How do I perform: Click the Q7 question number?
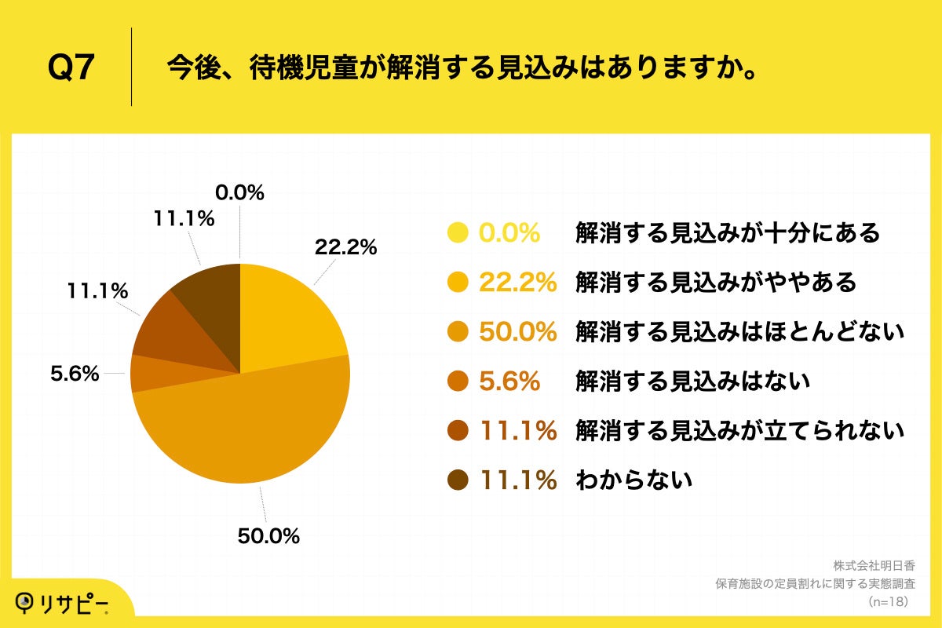71,68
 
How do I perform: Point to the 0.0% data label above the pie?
239,192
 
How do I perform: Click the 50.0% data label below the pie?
268,536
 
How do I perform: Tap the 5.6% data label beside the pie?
75,374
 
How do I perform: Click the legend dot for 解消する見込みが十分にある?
458,233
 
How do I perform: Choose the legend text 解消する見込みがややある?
715,282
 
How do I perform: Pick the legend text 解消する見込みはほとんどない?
739,332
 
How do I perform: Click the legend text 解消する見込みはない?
692,382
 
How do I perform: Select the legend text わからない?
633,480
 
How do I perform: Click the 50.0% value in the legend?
518,332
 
